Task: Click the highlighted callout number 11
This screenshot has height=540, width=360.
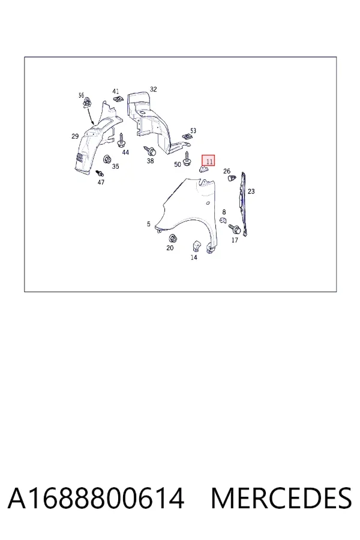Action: pyautogui.click(x=209, y=161)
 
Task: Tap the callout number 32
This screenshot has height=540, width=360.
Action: pyautogui.click(x=154, y=89)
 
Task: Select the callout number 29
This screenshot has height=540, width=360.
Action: pyautogui.click(x=75, y=136)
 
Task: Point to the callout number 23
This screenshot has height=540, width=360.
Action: pyautogui.click(x=251, y=191)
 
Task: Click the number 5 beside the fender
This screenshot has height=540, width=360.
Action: pyautogui.click(x=148, y=224)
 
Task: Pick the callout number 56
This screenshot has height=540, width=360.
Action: pyautogui.click(x=82, y=95)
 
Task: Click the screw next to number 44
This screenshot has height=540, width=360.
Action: pyautogui.click(x=122, y=140)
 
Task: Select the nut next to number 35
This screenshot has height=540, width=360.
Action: pyautogui.click(x=107, y=160)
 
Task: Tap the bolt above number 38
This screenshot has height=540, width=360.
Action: pyautogui.click(x=150, y=151)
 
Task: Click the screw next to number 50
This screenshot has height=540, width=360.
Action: pyautogui.click(x=187, y=158)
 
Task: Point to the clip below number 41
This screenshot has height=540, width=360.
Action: pyautogui.click(x=118, y=99)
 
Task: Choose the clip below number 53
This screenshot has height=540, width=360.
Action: pyautogui.click(x=187, y=137)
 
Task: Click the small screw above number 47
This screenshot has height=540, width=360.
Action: pyautogui.click(x=100, y=173)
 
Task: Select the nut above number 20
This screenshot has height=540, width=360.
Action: pyautogui.click(x=172, y=238)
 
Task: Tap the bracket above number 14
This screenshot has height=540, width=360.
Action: pyautogui.click(x=196, y=245)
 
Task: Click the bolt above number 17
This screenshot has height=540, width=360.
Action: pyautogui.click(x=235, y=229)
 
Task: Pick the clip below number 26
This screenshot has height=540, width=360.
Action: pyautogui.click(x=232, y=178)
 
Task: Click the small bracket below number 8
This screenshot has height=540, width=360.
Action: pyautogui.click(x=223, y=220)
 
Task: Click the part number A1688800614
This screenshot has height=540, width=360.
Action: pyautogui.click(x=96, y=499)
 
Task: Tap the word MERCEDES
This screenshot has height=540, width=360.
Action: pyautogui.click(x=281, y=499)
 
